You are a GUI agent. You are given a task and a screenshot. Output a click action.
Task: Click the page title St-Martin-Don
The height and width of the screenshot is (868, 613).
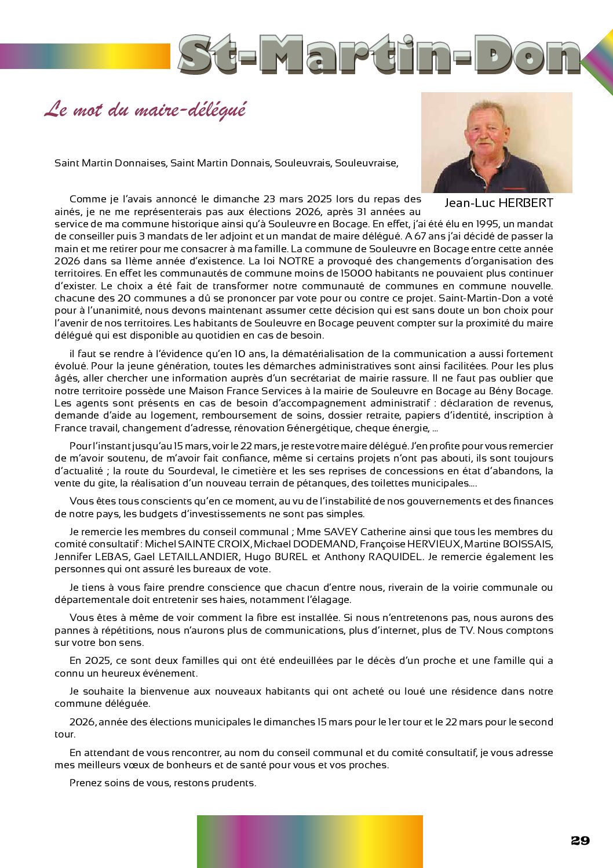point(380,55)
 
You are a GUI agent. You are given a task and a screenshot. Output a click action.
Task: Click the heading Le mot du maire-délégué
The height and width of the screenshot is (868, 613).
point(145,109)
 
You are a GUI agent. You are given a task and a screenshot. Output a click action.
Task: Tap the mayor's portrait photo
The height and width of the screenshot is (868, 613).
point(497,143)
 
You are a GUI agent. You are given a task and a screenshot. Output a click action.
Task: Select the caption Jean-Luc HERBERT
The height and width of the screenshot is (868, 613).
point(498,203)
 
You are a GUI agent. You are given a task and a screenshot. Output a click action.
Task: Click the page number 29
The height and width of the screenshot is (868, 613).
point(580,841)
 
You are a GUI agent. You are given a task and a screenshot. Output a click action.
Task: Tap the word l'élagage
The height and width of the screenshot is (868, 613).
point(328,600)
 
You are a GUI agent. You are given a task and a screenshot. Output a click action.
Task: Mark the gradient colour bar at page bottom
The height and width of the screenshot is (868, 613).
point(309,841)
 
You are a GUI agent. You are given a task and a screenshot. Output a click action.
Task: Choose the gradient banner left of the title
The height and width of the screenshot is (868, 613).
point(85,56)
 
